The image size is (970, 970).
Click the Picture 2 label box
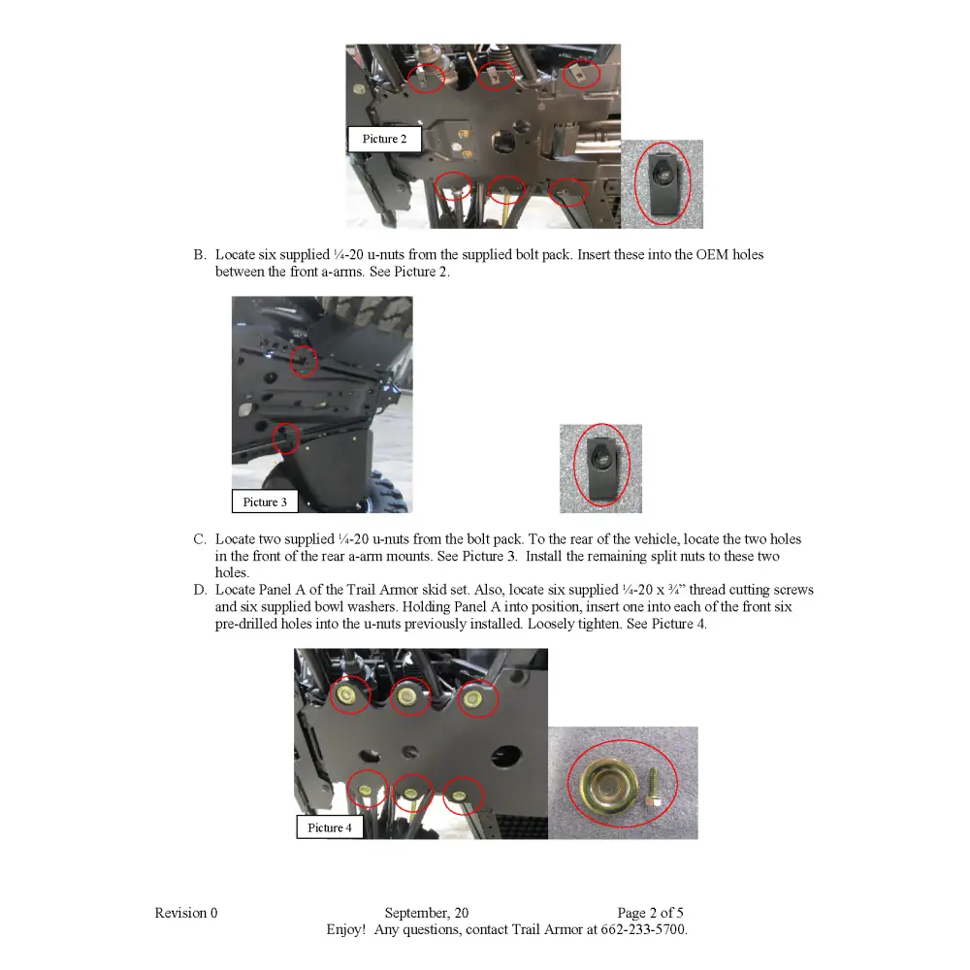click(384, 139)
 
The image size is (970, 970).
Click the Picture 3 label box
click(264, 501)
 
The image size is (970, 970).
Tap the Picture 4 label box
click(329, 827)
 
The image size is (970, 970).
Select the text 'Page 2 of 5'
click(650, 913)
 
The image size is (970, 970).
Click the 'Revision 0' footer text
click(186, 913)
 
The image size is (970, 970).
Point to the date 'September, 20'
click(426, 913)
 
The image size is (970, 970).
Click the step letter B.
click(199, 255)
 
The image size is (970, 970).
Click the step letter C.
click(199, 539)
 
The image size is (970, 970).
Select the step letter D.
click(199, 590)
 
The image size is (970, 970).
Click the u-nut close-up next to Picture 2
click(663, 184)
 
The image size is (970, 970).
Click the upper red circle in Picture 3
click(304, 361)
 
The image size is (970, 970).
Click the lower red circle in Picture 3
click(286, 438)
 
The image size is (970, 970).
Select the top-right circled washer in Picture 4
click(476, 697)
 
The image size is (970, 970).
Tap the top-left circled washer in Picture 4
click(350, 695)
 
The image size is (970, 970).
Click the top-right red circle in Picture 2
click(581, 74)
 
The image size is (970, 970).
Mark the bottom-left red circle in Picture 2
click(453, 185)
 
